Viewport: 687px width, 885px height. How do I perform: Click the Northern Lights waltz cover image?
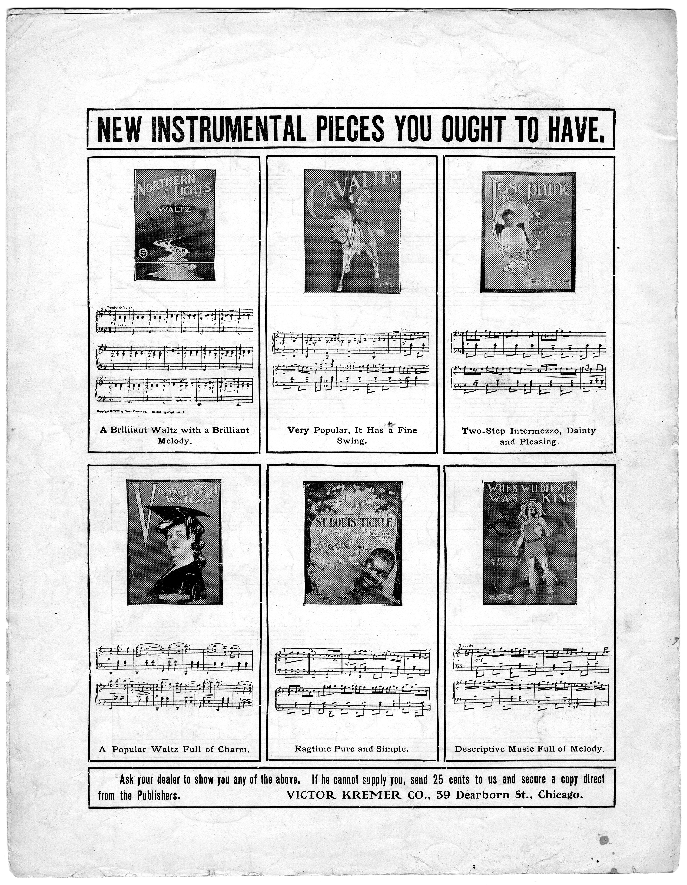point(175,225)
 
